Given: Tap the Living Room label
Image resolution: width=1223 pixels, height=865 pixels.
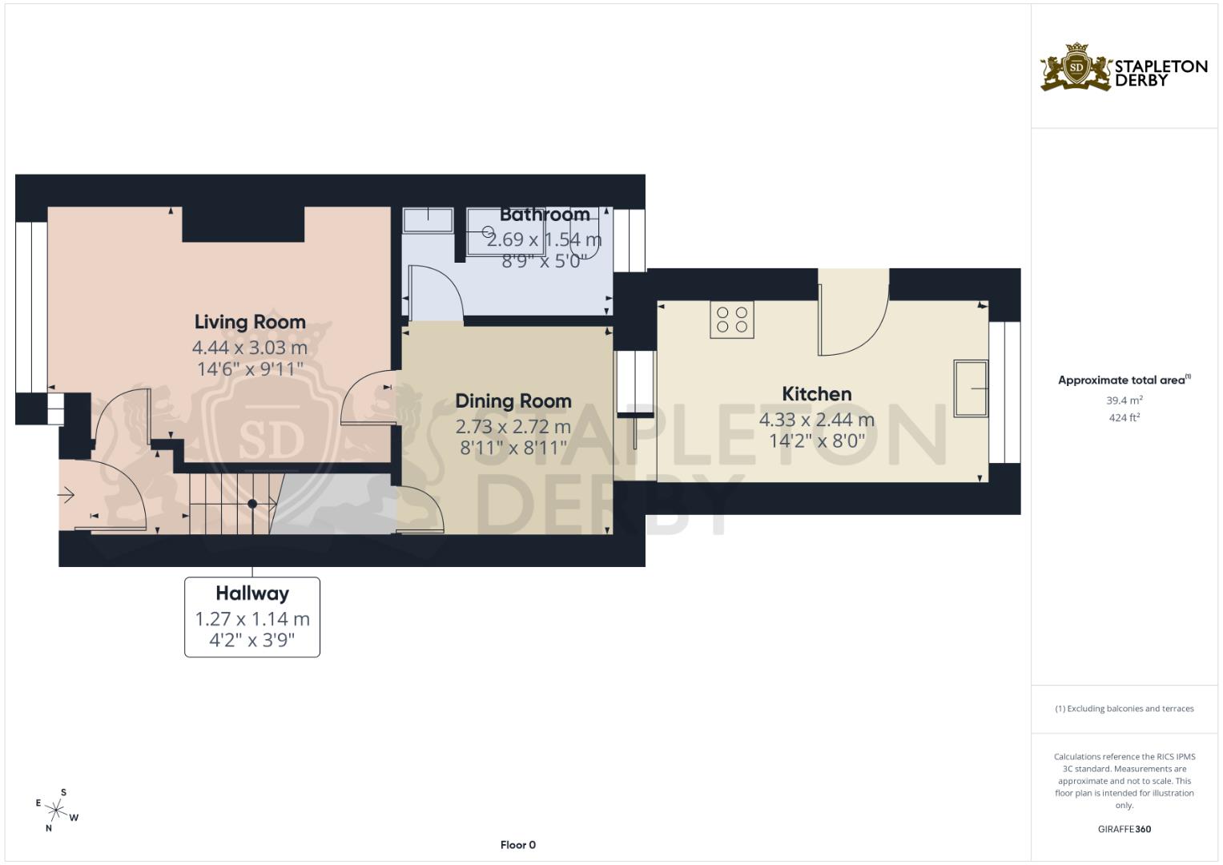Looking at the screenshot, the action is pyautogui.click(x=250, y=322).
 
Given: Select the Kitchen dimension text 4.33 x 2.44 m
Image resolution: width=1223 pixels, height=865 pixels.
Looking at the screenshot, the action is pyautogui.click(x=817, y=420).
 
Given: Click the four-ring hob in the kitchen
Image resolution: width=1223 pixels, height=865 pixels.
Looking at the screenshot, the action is pyautogui.click(x=731, y=320).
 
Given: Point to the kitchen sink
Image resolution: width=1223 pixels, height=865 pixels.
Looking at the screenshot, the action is pyautogui.click(x=971, y=388).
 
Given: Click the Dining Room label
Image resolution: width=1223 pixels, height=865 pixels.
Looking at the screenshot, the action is pyautogui.click(x=513, y=401).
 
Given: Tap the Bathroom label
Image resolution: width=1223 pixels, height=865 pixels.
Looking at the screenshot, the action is pyautogui.click(x=545, y=215).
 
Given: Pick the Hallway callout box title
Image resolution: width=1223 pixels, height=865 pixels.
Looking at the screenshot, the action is pyautogui.click(x=252, y=593).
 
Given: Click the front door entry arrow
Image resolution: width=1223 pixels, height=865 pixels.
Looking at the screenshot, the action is pyautogui.click(x=66, y=495).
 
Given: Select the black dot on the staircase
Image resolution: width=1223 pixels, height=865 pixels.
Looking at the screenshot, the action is pyautogui.click(x=252, y=504).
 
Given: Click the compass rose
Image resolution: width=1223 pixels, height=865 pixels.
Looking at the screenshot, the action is pyautogui.click(x=57, y=811).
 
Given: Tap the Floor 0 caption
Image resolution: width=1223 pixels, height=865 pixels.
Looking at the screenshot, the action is pyautogui.click(x=518, y=845).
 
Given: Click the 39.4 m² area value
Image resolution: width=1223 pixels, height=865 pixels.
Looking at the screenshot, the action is pyautogui.click(x=1124, y=400).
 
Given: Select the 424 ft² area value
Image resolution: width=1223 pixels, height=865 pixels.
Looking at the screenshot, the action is pyautogui.click(x=1124, y=418).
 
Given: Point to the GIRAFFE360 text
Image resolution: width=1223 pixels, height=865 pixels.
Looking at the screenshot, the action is pyautogui.click(x=1124, y=829).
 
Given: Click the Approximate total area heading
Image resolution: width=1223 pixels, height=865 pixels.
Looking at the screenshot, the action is pyautogui.click(x=1124, y=380).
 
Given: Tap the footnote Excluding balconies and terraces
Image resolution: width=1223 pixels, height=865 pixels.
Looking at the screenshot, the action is pyautogui.click(x=1124, y=709).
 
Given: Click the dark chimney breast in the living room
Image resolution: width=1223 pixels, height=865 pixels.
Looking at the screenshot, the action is pyautogui.click(x=243, y=224).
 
